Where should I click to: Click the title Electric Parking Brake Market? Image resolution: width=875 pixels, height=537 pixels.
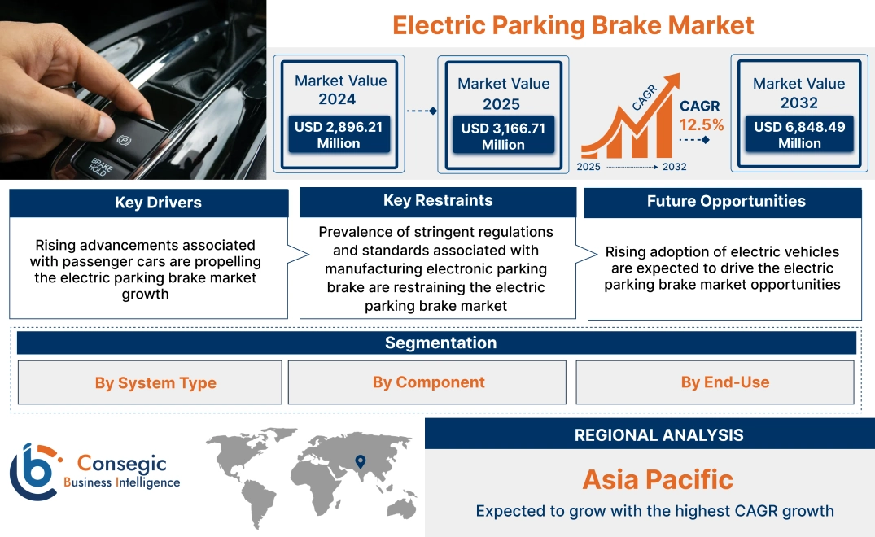coord(572,25)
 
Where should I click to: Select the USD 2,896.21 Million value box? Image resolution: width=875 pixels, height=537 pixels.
coord(338,135)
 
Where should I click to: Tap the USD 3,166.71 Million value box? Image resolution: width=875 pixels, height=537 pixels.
coord(503,137)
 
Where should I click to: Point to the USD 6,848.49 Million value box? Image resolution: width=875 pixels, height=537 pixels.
coord(799,135)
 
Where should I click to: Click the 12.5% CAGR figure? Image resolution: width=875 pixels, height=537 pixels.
coord(702,125)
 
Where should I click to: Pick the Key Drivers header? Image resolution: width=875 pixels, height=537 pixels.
coord(158,203)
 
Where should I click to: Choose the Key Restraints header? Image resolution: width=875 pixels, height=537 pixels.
coord(438,201)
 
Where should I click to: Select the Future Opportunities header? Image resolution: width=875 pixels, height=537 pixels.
coord(726,202)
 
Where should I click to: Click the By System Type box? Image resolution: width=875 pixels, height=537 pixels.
coord(155,383)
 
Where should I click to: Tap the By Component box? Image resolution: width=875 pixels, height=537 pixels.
coord(428,382)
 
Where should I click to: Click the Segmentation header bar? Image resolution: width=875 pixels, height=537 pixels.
coord(440,343)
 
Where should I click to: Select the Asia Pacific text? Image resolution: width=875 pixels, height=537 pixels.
coord(658,479)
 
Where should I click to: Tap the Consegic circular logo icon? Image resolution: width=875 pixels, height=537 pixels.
coord(34,471)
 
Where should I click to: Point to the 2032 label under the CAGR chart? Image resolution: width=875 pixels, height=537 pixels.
coord(675,167)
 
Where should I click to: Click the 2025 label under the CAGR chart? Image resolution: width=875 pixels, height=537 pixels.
coord(589,167)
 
